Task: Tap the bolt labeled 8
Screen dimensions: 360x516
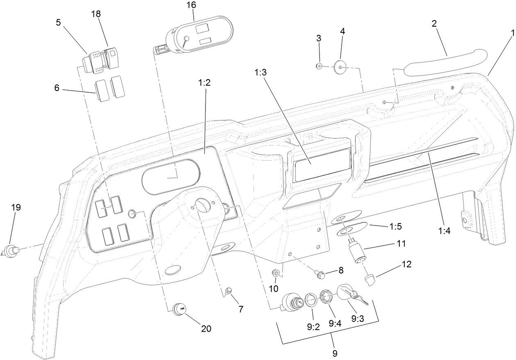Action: (x=321, y=273)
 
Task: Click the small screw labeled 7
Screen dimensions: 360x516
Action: (x=229, y=291)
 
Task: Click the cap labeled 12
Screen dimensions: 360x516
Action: (x=370, y=280)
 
